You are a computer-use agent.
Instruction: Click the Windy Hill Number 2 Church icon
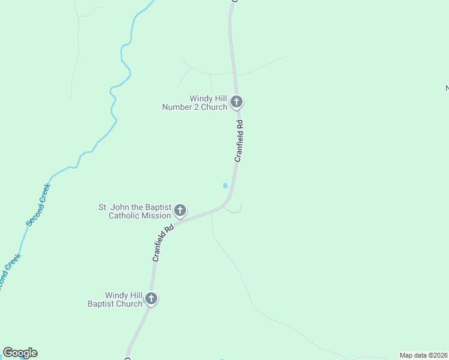pos(237,101)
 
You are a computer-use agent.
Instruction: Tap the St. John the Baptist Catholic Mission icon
pos(179,210)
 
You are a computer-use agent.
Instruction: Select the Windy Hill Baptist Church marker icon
pos(151,298)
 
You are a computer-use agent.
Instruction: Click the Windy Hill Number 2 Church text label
pos(194,103)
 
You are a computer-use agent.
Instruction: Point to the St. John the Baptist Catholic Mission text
pos(135,211)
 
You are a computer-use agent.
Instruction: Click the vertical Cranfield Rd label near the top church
pos(238,141)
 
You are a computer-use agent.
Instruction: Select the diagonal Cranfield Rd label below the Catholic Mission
pos(163,242)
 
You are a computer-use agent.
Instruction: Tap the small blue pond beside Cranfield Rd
pos(225,185)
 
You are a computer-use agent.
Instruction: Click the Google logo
pos(20,353)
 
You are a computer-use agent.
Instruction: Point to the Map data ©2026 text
pos(424,355)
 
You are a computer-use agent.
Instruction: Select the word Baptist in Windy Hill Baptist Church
pos(103,304)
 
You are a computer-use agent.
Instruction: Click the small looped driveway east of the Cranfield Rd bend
pos(236,208)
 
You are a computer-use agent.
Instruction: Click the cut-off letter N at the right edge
pos(447,89)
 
